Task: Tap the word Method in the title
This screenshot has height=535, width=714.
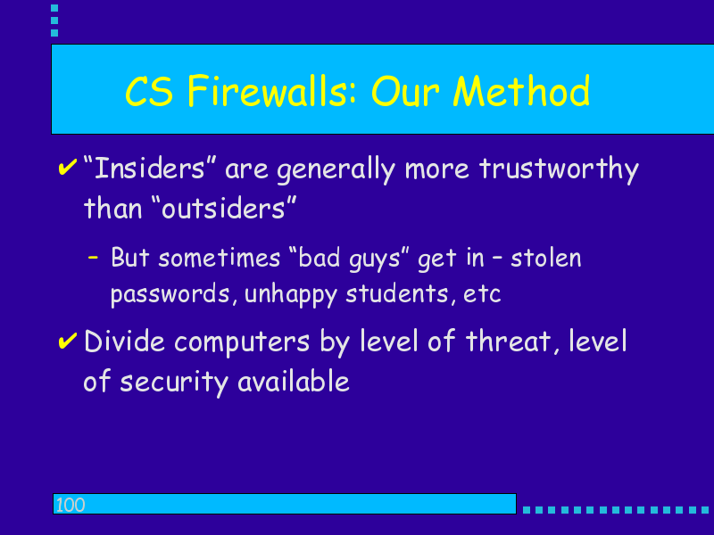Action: (521, 92)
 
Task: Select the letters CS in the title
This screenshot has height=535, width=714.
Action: (149, 92)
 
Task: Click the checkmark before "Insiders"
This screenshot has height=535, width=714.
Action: (68, 167)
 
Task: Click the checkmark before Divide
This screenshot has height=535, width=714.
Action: (68, 341)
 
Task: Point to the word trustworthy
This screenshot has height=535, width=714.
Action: (560, 169)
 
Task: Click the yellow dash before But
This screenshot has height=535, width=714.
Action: (93, 258)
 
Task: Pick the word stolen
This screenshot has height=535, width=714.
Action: (546, 258)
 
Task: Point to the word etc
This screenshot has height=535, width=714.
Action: (482, 295)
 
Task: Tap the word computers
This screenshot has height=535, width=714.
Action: (242, 342)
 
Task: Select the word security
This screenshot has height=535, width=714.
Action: (173, 383)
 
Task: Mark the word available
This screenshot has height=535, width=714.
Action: (294, 382)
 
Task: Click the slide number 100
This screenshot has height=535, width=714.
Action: (71, 505)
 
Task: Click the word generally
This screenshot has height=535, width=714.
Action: (336, 170)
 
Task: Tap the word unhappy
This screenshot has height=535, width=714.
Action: (291, 295)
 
